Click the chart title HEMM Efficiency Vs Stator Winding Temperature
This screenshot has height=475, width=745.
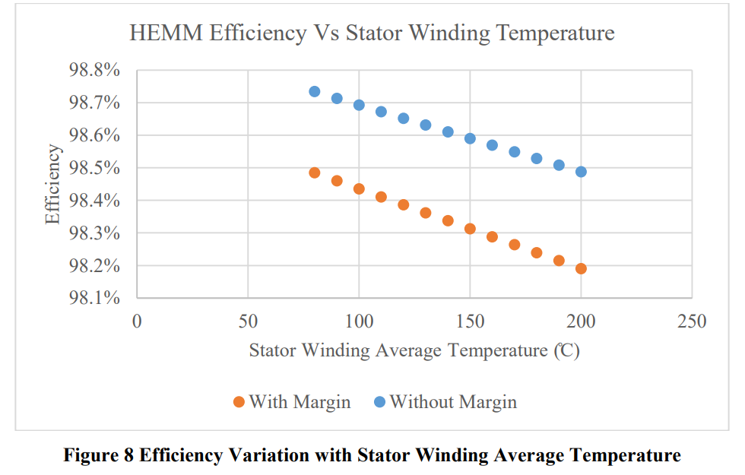point(372,33)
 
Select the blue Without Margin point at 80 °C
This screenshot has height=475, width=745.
point(315,91)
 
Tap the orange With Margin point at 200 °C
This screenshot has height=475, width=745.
point(581,268)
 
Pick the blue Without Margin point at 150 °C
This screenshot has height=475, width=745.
point(470,138)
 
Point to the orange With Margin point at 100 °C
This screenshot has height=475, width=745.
point(359,188)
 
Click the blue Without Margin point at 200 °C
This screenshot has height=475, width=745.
point(581,172)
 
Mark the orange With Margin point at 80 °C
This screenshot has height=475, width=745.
point(315,173)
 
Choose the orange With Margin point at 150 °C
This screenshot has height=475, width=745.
point(470,229)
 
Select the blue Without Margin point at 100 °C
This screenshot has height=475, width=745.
point(359,105)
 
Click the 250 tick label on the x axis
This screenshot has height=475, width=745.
point(692,321)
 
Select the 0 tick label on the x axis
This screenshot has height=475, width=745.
point(137,321)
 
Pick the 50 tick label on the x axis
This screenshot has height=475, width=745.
point(248,321)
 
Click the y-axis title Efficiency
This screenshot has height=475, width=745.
point(53,185)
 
